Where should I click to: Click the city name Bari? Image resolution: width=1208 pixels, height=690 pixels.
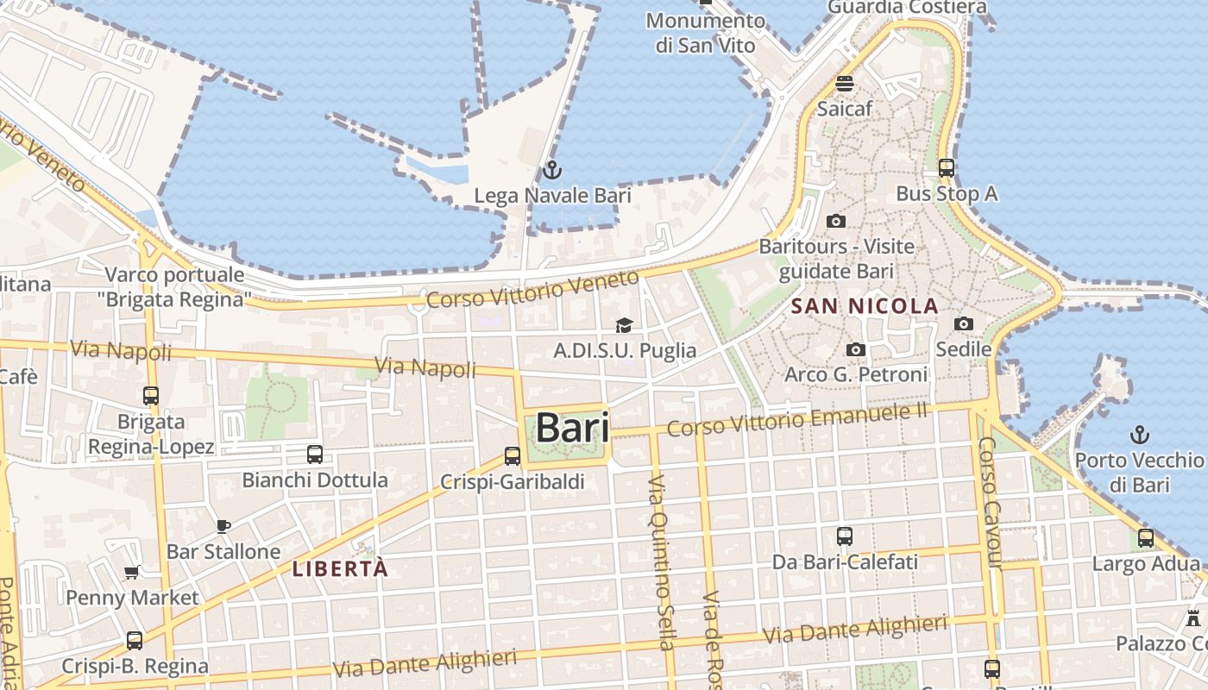click(572, 428)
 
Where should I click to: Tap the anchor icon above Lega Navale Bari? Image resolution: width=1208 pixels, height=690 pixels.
click(552, 170)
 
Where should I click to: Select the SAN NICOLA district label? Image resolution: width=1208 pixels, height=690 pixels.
click(865, 306)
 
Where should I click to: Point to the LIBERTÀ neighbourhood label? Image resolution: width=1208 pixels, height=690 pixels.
click(340, 568)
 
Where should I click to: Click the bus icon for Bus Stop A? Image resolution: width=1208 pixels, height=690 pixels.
click(947, 168)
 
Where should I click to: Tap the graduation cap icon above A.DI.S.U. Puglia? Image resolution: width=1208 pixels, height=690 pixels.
click(624, 325)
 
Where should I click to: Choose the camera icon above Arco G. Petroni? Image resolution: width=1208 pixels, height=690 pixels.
click(856, 349)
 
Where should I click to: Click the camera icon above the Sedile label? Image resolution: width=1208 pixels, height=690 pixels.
click(964, 324)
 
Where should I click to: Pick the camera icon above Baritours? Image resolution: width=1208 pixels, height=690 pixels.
click(835, 222)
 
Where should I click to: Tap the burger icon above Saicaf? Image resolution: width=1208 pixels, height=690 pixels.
click(845, 84)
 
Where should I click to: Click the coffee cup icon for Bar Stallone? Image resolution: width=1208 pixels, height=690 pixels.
click(223, 526)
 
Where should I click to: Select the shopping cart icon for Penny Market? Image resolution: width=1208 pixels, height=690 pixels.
click(132, 572)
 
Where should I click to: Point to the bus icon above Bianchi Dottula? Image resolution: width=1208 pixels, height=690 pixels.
click(315, 455)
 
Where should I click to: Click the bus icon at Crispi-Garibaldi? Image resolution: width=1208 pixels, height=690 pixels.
click(513, 456)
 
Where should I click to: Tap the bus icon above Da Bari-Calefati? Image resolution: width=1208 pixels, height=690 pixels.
click(845, 536)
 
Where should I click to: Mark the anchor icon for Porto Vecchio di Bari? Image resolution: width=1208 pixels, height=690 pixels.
click(1140, 435)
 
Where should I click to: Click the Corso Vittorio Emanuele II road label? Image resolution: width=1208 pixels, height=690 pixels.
click(797, 419)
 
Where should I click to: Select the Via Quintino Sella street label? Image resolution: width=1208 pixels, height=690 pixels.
click(660, 561)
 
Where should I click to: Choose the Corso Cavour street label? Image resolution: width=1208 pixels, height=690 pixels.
click(989, 503)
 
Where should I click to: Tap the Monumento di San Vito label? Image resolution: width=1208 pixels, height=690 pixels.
click(705, 33)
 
